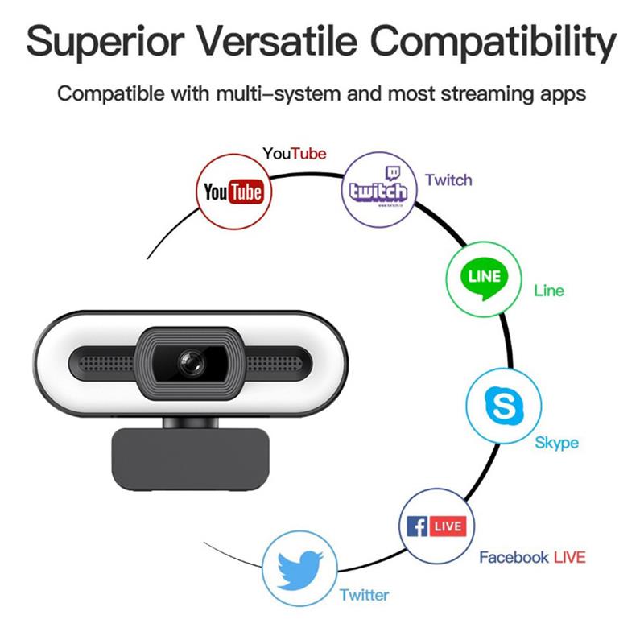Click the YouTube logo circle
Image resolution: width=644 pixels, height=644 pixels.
(233, 191)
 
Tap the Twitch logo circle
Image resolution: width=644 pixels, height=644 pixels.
(377, 190)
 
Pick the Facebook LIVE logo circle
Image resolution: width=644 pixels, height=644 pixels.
(436, 526)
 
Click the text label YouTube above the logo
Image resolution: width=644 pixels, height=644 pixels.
(295, 153)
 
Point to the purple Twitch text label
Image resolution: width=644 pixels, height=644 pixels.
(448, 180)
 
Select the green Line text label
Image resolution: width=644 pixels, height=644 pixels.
(549, 291)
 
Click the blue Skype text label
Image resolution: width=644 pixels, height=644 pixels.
(556, 443)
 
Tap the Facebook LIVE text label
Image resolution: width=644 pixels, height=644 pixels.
(532, 557)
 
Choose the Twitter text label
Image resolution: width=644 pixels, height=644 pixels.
(364, 596)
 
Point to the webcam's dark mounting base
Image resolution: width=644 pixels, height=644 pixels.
(190, 458)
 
